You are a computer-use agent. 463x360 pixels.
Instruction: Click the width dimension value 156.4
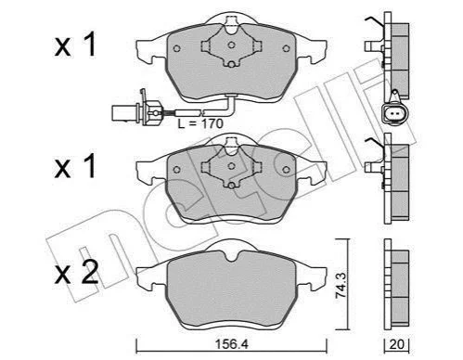coord(232,344)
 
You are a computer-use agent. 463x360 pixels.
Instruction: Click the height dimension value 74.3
coord(341,285)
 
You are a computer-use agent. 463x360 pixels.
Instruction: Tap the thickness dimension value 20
coord(396,344)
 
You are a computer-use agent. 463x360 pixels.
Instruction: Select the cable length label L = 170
coord(200,123)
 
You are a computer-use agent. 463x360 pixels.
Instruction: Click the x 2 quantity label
coord(76,272)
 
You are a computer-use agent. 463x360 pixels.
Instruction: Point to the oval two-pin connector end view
coord(395,113)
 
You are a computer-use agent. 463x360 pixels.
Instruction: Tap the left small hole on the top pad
coord(176,48)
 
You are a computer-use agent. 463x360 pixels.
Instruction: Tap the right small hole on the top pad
coord(286,48)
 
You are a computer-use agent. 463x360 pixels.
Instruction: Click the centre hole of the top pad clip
coord(231,45)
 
